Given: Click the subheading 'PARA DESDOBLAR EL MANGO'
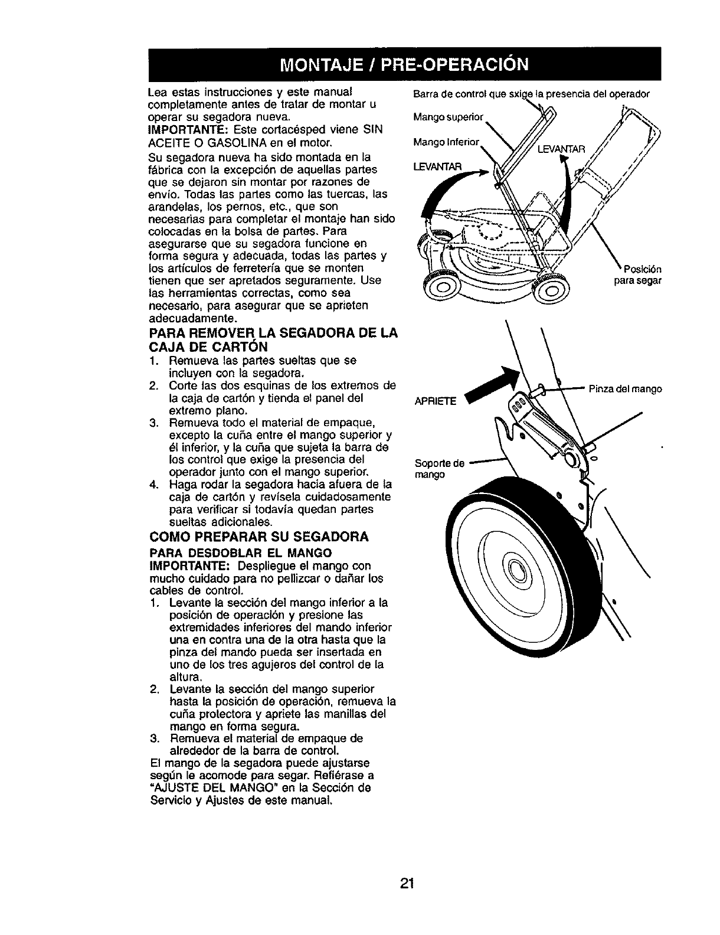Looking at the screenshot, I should [x=240, y=553].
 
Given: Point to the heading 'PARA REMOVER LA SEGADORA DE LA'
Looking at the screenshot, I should [x=273, y=334].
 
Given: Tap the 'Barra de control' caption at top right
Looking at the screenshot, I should [x=529, y=94].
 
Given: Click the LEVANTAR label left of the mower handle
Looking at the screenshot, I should [x=434, y=165].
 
